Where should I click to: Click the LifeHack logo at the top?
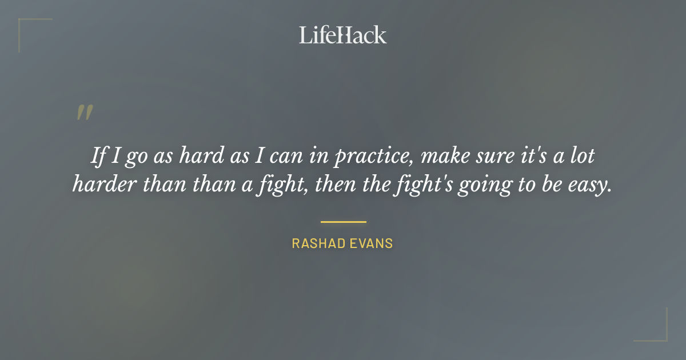click(342, 35)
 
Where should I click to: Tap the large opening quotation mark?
click(84, 113)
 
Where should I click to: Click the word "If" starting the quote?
click(99, 156)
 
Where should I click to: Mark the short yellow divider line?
click(343, 222)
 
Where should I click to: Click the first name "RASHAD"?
click(315, 243)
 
